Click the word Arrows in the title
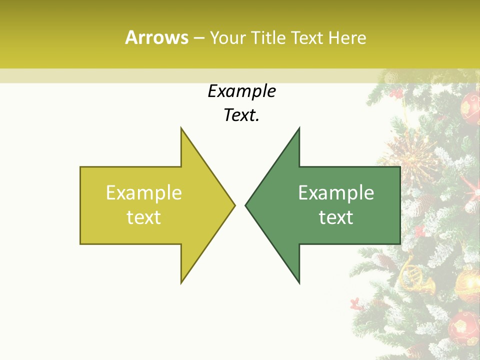pos(156,37)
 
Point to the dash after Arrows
pos(198,38)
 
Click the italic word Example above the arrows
pos(241,91)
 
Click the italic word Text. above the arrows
pos(241,115)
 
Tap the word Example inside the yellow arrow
pos(144,193)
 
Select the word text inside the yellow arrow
pos(144,217)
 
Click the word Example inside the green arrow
pos(336,193)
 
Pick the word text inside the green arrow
pos(336,217)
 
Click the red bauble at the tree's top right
pos(470,106)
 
